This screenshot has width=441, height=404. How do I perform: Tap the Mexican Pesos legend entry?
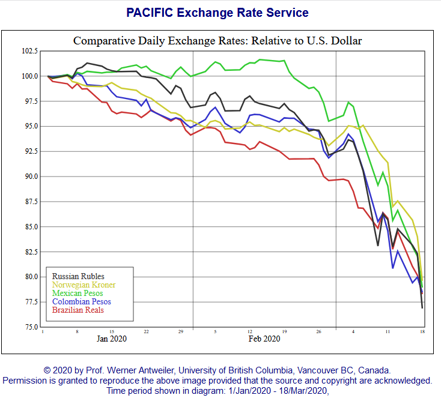click(78, 293)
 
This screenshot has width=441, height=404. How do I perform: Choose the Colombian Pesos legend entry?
click(82, 301)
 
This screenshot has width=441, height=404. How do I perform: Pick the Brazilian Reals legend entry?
click(78, 310)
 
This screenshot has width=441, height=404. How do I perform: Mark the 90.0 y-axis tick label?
click(30, 176)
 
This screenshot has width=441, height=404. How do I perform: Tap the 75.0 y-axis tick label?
click(30, 327)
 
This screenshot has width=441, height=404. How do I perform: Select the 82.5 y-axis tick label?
click(30, 252)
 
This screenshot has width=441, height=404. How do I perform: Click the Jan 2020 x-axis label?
click(112, 339)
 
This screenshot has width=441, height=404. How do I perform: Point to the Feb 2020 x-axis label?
click(264, 339)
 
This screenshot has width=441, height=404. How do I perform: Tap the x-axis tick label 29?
click(181, 331)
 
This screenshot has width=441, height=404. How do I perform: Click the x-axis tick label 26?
click(319, 331)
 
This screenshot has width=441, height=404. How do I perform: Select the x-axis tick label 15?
click(112, 331)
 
